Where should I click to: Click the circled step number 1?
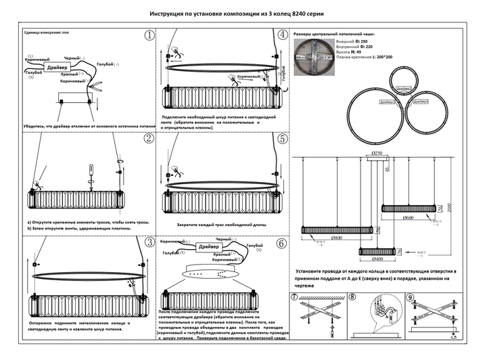(148, 37)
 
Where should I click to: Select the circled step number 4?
(281, 37)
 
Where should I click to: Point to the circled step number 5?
(281, 139)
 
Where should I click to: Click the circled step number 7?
(294, 297)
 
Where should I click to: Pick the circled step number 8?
(352, 297)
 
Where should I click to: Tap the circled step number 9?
(411, 297)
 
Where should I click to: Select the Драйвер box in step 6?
(209, 248)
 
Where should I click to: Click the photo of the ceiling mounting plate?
(315, 60)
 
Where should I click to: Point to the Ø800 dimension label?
(336, 238)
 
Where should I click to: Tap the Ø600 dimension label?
(408, 218)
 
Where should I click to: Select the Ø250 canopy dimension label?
(378, 154)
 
